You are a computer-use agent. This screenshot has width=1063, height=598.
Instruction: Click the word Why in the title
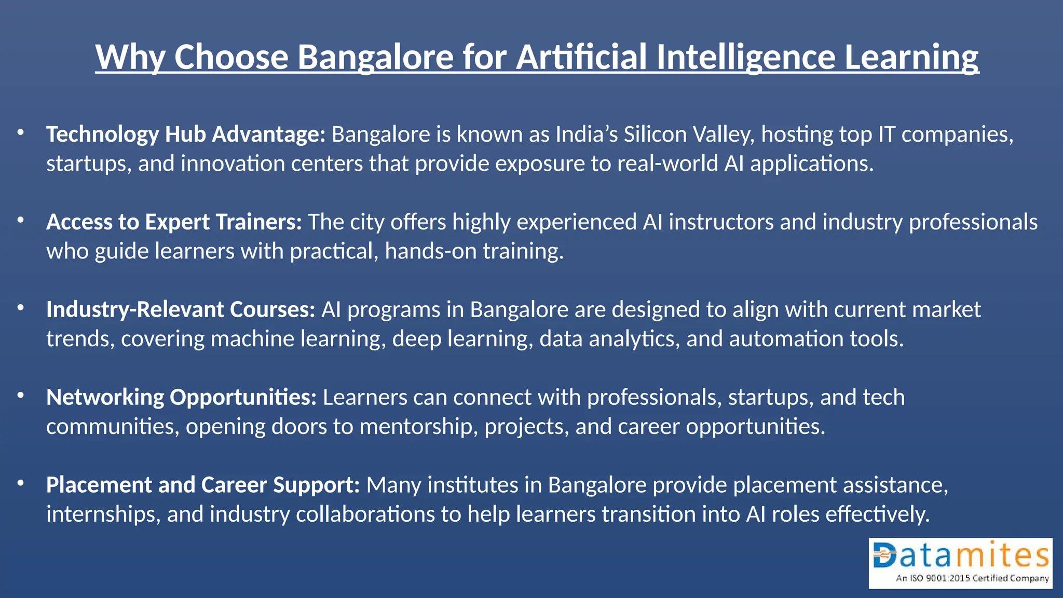pyautogui.click(x=130, y=57)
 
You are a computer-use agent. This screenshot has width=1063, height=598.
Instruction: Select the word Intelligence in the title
pyautogui.click(x=745, y=57)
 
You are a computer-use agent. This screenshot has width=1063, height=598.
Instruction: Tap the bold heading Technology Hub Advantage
pyautogui.click(x=185, y=134)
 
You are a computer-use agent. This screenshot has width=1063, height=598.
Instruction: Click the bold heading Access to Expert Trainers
pyautogui.click(x=174, y=222)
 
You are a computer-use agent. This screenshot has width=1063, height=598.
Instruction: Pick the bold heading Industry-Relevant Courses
pyautogui.click(x=181, y=310)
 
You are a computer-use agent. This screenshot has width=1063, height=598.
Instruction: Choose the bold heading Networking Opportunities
pyautogui.click(x=181, y=398)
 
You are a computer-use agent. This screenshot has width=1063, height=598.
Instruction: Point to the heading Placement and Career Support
pyautogui.click(x=203, y=485)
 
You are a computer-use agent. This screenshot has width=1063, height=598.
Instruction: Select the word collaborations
pyautogui.click(x=365, y=514)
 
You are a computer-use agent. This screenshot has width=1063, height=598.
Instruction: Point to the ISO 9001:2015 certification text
pyautogui.click(x=972, y=578)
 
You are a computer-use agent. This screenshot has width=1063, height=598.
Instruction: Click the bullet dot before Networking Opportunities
pyautogui.click(x=21, y=396)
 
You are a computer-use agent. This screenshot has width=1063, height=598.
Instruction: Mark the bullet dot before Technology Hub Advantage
pyautogui.click(x=21, y=133)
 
